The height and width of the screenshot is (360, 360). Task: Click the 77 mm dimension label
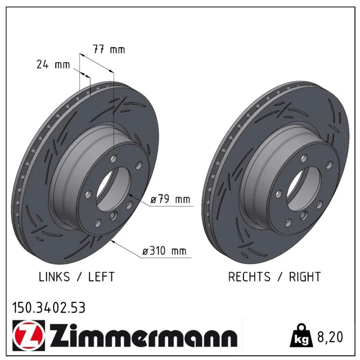pyautogui.click(x=109, y=49)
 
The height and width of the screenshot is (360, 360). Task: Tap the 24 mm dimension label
pyautogui.click(x=53, y=64)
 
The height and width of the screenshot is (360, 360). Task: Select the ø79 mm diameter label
pyautogui.click(x=170, y=199)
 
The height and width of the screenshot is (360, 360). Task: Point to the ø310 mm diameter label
pyautogui.click(x=164, y=251)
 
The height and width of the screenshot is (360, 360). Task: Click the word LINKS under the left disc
pyautogui.click(x=54, y=277)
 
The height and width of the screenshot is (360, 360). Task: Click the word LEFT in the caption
pyautogui.click(x=101, y=277)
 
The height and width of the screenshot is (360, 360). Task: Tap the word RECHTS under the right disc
pyautogui.click(x=249, y=277)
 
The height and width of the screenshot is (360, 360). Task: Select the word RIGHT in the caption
pyautogui.click(x=305, y=277)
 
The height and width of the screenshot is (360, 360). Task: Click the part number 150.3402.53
pyautogui.click(x=49, y=308)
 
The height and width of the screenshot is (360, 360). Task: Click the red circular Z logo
pyautogui.click(x=29, y=335)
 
